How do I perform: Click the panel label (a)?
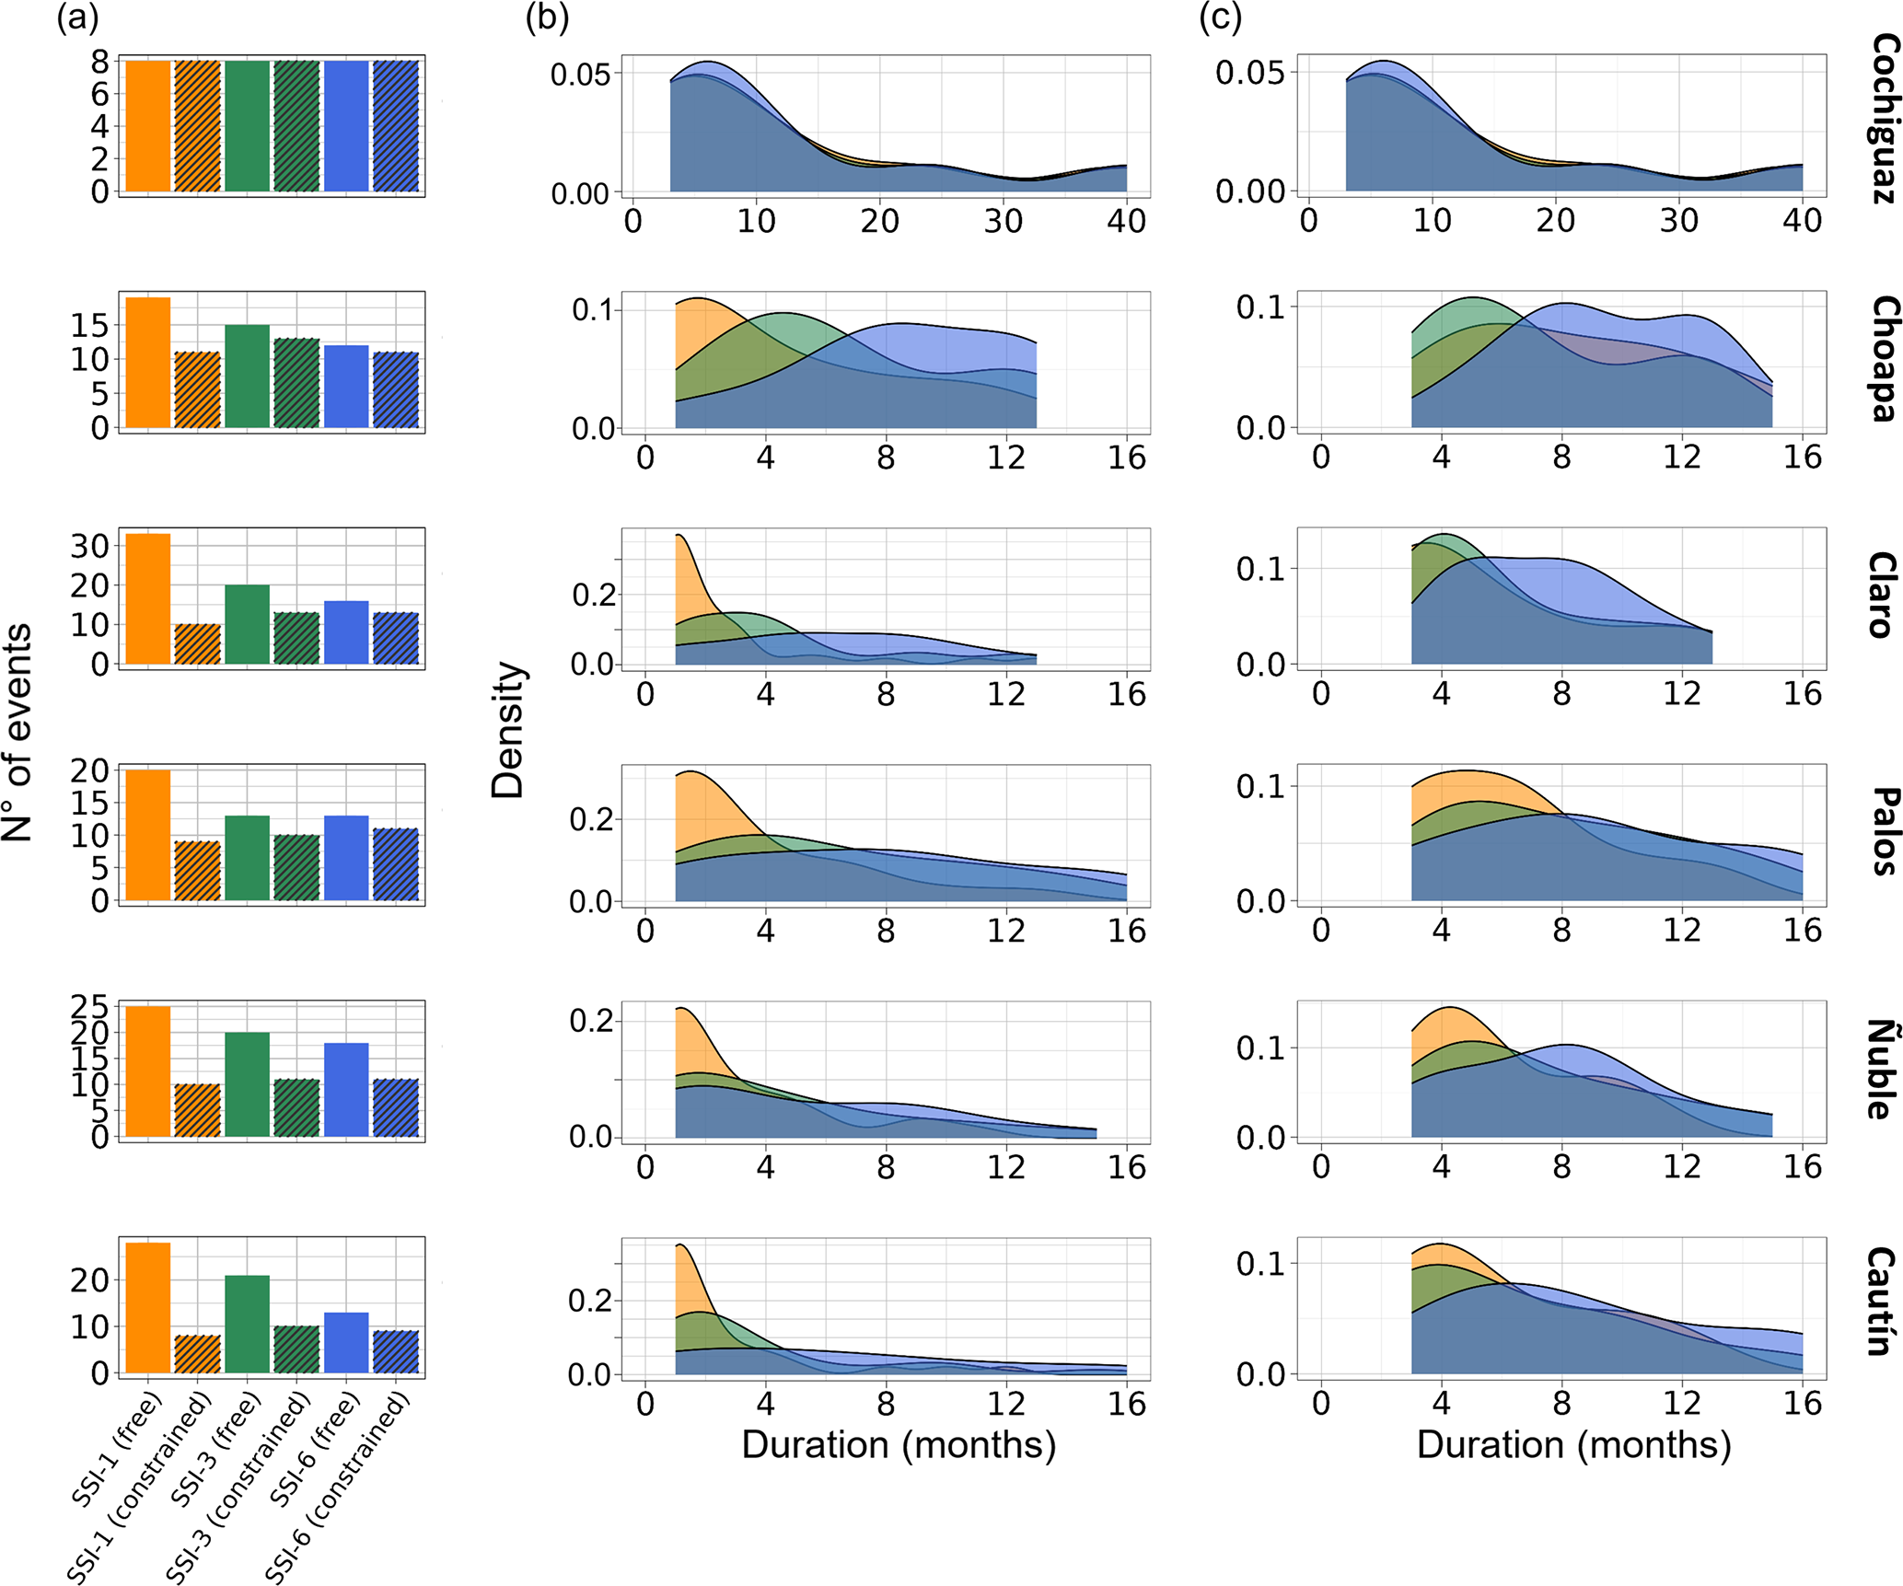pos(77,17)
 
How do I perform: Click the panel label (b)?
pos(547,17)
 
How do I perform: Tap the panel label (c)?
pos(1220,17)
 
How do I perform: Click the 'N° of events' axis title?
pos(17,733)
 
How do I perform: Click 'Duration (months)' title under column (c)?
pos(1573,1444)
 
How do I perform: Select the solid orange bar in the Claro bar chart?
pos(148,598)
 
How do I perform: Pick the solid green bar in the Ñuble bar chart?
pos(248,1084)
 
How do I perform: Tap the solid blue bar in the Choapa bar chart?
pos(346,387)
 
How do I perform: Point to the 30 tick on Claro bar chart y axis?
pos(90,546)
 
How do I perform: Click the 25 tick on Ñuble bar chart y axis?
pos(90,1006)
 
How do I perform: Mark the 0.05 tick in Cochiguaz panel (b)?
pos(580,74)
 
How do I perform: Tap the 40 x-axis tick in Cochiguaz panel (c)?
pos(1802,221)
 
